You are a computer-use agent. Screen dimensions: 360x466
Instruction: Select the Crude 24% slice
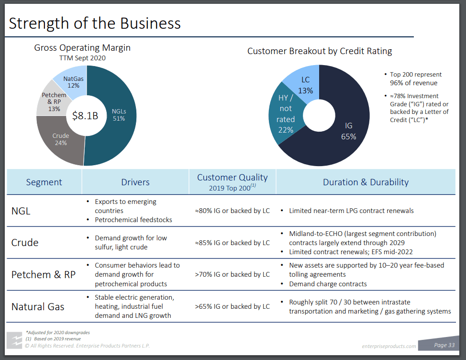[61, 139]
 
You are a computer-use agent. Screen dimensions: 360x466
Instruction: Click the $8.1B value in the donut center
[85, 115]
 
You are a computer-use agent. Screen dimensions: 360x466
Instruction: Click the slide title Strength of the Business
[95, 23]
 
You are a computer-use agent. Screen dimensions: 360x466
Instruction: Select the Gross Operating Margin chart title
[82, 48]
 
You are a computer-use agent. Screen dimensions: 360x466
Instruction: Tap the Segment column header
[44, 182]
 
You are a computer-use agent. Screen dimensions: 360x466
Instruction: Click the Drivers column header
[135, 182]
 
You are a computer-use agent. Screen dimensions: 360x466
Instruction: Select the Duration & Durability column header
[366, 182]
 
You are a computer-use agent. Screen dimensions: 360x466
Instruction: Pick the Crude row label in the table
[25, 242]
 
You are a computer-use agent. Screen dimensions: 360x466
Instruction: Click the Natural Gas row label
[37, 306]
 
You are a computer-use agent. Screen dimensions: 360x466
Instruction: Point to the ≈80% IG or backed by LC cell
[233, 211]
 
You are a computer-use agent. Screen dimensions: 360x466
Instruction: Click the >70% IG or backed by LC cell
[233, 274]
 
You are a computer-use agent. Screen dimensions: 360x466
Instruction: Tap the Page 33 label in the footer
[444, 345]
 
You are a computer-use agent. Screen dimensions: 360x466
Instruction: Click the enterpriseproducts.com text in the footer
[389, 346]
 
